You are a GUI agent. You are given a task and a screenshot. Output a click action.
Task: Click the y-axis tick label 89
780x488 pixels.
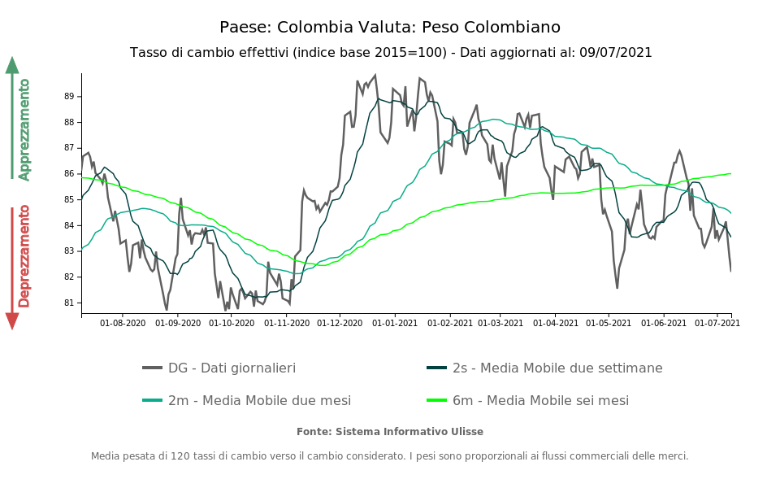68,96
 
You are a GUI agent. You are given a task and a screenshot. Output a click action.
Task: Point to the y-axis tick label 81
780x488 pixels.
68,303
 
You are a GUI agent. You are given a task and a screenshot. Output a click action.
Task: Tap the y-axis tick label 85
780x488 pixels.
68,199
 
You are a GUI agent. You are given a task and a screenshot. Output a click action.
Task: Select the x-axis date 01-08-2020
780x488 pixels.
123,323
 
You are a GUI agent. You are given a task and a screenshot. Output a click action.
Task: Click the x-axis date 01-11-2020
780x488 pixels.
288,323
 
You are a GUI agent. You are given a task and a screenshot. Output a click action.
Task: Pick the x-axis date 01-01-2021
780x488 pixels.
394,323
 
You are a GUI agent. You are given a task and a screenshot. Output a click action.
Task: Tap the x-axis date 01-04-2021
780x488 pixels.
556,323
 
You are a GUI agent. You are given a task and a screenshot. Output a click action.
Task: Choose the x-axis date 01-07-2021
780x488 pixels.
718,323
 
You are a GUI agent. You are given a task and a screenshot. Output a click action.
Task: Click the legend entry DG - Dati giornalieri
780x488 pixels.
232,368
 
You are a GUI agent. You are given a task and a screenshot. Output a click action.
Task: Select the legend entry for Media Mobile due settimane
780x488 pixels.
557,368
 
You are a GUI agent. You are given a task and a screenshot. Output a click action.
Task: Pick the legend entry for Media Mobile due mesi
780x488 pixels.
259,401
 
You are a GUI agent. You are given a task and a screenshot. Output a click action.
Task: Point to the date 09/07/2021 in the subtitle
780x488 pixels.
616,53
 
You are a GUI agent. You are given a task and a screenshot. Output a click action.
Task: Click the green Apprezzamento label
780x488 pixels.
24,129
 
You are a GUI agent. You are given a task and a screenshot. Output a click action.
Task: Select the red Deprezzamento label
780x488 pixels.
24,256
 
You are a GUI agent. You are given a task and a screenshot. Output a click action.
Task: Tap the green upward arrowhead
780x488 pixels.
12,65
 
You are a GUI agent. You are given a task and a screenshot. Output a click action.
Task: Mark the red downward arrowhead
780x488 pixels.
12,320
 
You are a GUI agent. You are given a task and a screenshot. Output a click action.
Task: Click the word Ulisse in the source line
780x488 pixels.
465,432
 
